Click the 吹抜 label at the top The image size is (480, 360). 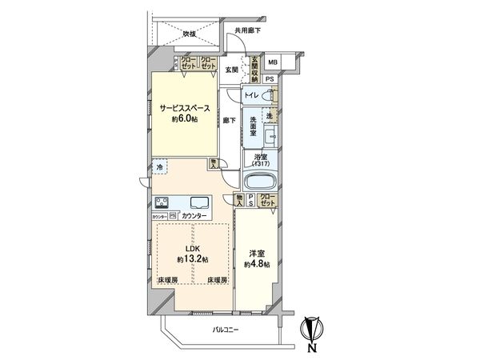pyautogui.click(x=190, y=34)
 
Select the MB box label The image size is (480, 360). pyautogui.click(x=272, y=62)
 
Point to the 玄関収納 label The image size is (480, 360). pyautogui.click(x=254, y=70)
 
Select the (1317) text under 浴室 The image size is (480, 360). pyautogui.click(x=260, y=165)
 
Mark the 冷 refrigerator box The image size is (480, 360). pyautogui.click(x=160, y=168)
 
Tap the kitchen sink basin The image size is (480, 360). pyautogui.click(x=200, y=202)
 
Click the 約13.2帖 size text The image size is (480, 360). pyautogui.click(x=193, y=260)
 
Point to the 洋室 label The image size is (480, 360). pyautogui.click(x=256, y=253)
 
